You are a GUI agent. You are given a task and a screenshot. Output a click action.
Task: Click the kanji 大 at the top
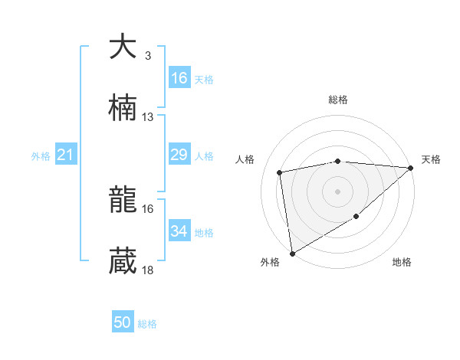point(123,47)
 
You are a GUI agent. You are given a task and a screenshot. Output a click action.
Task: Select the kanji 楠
point(123,109)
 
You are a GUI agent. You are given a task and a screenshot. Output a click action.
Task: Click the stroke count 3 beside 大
point(148,56)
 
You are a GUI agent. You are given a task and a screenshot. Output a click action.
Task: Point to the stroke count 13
point(148,117)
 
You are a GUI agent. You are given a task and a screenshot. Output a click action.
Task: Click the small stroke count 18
point(148,270)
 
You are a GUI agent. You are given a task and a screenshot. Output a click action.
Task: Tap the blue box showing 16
point(179,78)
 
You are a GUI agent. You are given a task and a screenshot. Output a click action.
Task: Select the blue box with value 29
point(179,155)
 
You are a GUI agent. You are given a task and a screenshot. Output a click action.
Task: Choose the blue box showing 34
point(179,231)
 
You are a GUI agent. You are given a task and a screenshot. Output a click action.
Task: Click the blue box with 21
point(66,155)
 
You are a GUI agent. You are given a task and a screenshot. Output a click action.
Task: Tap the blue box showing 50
point(123,322)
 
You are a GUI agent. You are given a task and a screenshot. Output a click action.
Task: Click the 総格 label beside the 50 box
point(148,324)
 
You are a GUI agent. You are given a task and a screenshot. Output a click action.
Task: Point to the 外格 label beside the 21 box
point(41,156)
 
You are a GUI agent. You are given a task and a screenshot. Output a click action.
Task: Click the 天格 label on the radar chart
point(431,159)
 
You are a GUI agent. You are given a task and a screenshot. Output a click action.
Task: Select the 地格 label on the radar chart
point(402,263)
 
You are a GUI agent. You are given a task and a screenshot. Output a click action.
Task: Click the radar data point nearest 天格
point(411,168)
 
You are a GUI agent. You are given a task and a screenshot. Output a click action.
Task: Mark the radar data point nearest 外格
point(292,253)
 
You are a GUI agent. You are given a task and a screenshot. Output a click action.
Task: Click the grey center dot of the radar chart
point(337,191)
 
